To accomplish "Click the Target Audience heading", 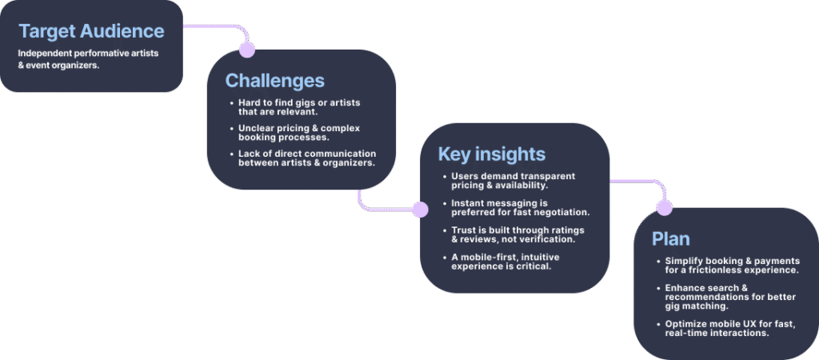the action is tap(91, 31).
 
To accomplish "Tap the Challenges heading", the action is tap(275, 81).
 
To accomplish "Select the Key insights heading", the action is tap(492, 154).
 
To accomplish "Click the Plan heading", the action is tap(671, 238).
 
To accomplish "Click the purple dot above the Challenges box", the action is tap(246, 50).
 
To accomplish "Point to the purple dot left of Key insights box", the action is tap(420, 210).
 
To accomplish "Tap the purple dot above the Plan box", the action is tap(665, 208).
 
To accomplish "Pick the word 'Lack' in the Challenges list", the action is tap(249, 154).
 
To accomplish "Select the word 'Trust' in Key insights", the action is tap(464, 230).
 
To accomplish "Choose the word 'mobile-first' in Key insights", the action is tap(488, 257).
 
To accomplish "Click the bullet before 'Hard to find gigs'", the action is tap(232, 103).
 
